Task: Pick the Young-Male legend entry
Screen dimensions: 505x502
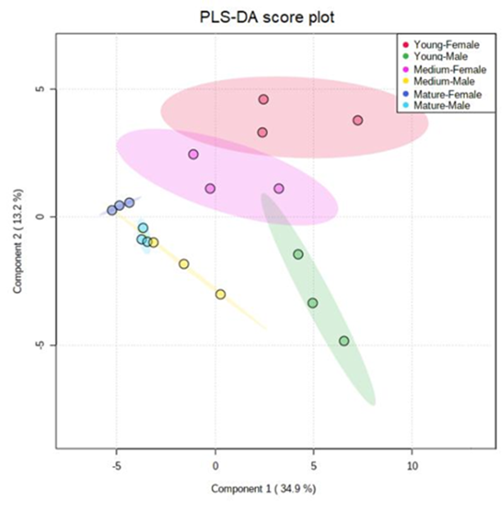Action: coord(441,57)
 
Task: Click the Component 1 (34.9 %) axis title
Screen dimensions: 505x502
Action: coord(263,489)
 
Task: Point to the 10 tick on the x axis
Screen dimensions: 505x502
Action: coord(412,467)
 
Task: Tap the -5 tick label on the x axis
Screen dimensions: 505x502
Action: coord(116,467)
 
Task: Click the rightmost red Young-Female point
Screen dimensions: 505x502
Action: coord(358,120)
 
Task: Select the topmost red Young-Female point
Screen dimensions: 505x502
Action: coord(264,100)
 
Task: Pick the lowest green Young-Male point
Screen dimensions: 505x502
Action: coord(344,341)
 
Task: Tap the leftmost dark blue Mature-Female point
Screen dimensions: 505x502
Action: coord(112,211)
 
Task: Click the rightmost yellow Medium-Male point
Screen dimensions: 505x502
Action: coord(221,294)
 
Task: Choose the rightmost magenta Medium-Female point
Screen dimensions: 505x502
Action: coord(279,189)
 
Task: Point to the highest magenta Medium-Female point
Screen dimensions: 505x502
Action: coord(194,154)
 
